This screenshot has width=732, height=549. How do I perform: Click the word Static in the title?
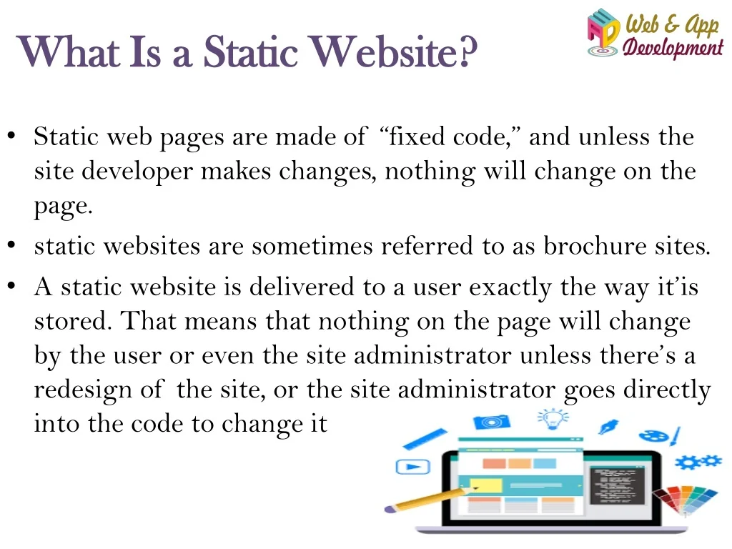pos(251,51)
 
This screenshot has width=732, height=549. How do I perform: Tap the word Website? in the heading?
pos(395,51)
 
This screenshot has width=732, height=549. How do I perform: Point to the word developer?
pos(137,172)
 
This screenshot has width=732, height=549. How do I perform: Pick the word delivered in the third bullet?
pos(302,286)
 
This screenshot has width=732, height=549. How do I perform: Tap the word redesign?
pos(83,390)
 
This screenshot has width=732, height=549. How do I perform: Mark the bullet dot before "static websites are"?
pos(11,244)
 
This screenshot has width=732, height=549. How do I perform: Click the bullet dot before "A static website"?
pos(11,285)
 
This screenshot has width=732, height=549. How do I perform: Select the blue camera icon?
pos(492,422)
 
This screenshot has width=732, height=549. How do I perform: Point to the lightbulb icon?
pos(553,419)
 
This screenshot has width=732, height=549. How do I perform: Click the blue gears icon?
pos(698,462)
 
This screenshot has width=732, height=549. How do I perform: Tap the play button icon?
pos(412,466)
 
